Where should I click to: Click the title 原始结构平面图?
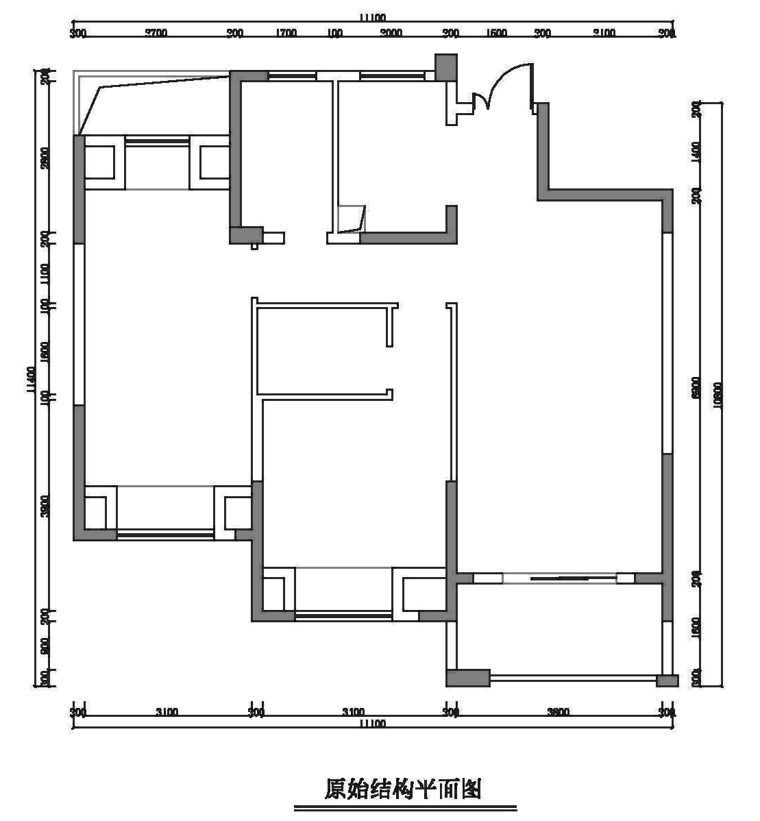tap(403, 789)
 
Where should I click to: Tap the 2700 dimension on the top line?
tap(156, 32)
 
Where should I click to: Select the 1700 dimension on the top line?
tap(286, 32)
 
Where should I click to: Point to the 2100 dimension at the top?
tap(604, 32)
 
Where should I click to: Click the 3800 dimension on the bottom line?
tap(559, 712)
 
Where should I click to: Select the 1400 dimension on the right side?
tap(696, 151)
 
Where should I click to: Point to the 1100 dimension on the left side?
tap(45, 273)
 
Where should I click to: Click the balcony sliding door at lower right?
tap(560, 578)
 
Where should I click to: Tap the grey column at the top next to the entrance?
tap(446, 68)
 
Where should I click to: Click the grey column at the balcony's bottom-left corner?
tap(468, 678)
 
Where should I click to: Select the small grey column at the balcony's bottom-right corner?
tap(667, 681)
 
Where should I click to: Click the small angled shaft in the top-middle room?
tap(351, 219)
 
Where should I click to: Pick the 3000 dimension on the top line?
tap(391, 32)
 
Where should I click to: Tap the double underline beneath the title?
tap(405, 809)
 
